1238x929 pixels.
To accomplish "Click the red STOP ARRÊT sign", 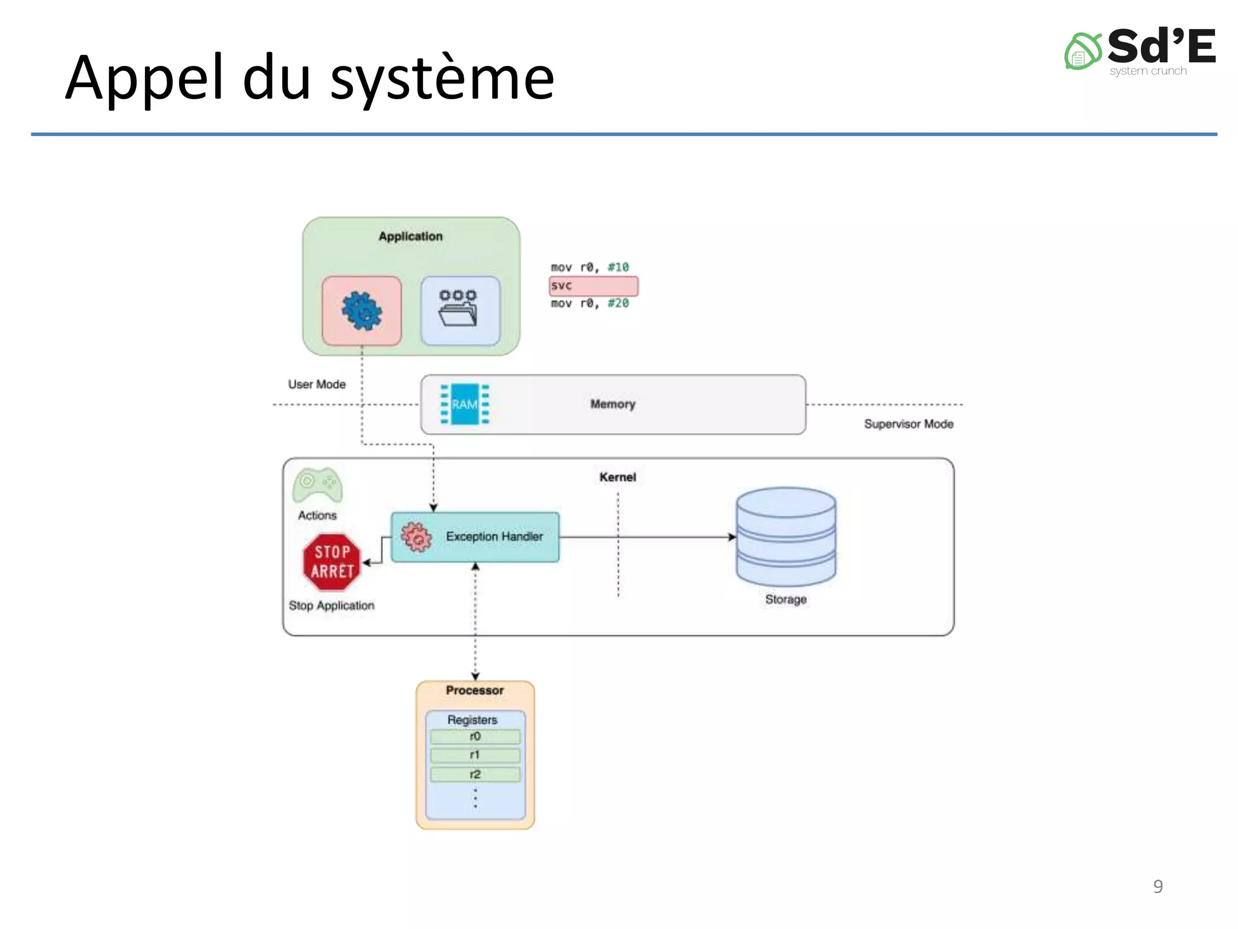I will click(331, 562).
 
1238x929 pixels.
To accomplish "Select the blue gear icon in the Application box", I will click(361, 311).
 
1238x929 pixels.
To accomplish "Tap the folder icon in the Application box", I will click(459, 310).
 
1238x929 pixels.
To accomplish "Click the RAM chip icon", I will click(464, 404).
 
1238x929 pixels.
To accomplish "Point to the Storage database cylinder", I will click(786, 536).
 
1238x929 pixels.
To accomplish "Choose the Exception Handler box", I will click(475, 537).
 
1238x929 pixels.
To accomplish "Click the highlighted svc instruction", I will click(593, 285).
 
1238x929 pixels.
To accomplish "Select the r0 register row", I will click(475, 737).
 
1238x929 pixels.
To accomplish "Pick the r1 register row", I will click(475, 755).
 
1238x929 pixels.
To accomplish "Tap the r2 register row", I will click(475, 775).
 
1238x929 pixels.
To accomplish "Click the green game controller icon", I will click(317, 485).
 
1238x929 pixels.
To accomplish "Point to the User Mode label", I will click(317, 385).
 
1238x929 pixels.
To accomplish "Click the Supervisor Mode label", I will click(909, 424).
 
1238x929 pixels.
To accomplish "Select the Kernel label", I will click(618, 477).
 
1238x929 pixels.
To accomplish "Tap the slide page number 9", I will click(1158, 886).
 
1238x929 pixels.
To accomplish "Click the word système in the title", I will click(442, 79).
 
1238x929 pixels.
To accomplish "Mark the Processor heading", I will click(475, 691).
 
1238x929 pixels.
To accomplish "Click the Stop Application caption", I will click(331, 605).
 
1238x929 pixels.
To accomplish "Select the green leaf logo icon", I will click(1082, 51).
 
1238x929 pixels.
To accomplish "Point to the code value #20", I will click(618, 303).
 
